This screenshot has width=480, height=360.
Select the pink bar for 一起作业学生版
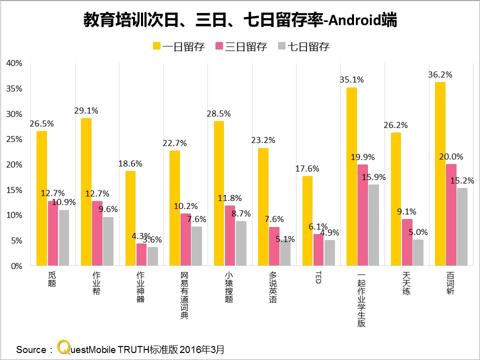point(362,215)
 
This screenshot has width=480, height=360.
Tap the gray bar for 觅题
point(64,238)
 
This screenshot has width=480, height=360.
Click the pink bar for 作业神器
point(141,254)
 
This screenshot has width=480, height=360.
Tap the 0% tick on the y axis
point(16,266)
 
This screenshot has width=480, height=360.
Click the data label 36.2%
point(440,74)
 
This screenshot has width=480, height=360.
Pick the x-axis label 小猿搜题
point(228,287)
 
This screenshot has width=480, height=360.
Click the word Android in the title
point(350,21)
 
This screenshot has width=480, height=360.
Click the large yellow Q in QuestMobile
point(63,347)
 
